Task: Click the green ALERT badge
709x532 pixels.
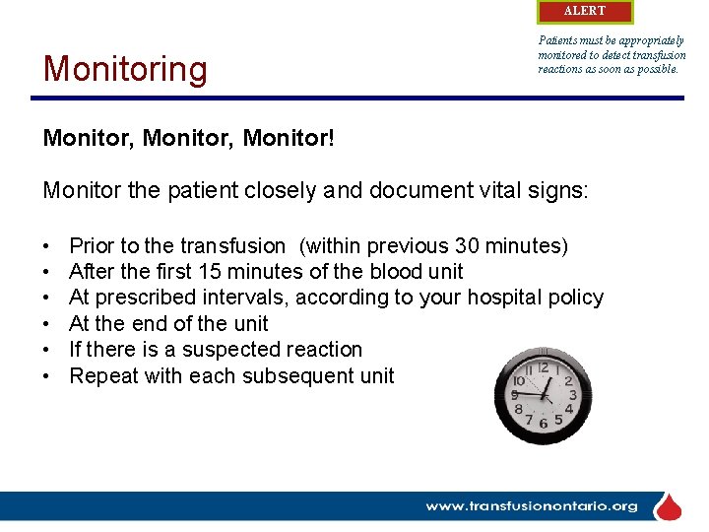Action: click(x=585, y=11)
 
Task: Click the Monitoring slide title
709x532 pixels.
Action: click(x=125, y=69)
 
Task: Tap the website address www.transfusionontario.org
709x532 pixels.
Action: click(x=531, y=506)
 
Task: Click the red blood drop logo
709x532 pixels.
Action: click(x=669, y=506)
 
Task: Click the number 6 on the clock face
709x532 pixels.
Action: click(x=543, y=424)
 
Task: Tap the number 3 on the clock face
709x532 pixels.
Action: click(x=570, y=395)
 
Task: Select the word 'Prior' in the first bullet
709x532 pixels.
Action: click(x=92, y=245)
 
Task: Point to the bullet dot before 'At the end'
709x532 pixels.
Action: click(x=47, y=324)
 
